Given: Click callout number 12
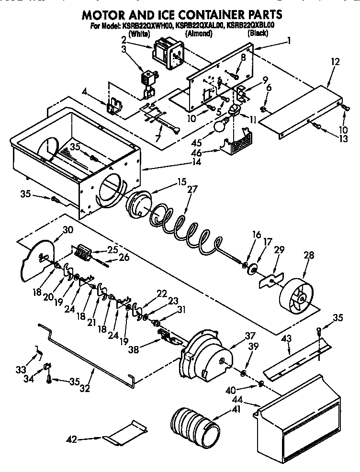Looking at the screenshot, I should click(x=335, y=61).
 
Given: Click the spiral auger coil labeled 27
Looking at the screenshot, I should click(x=187, y=225).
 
